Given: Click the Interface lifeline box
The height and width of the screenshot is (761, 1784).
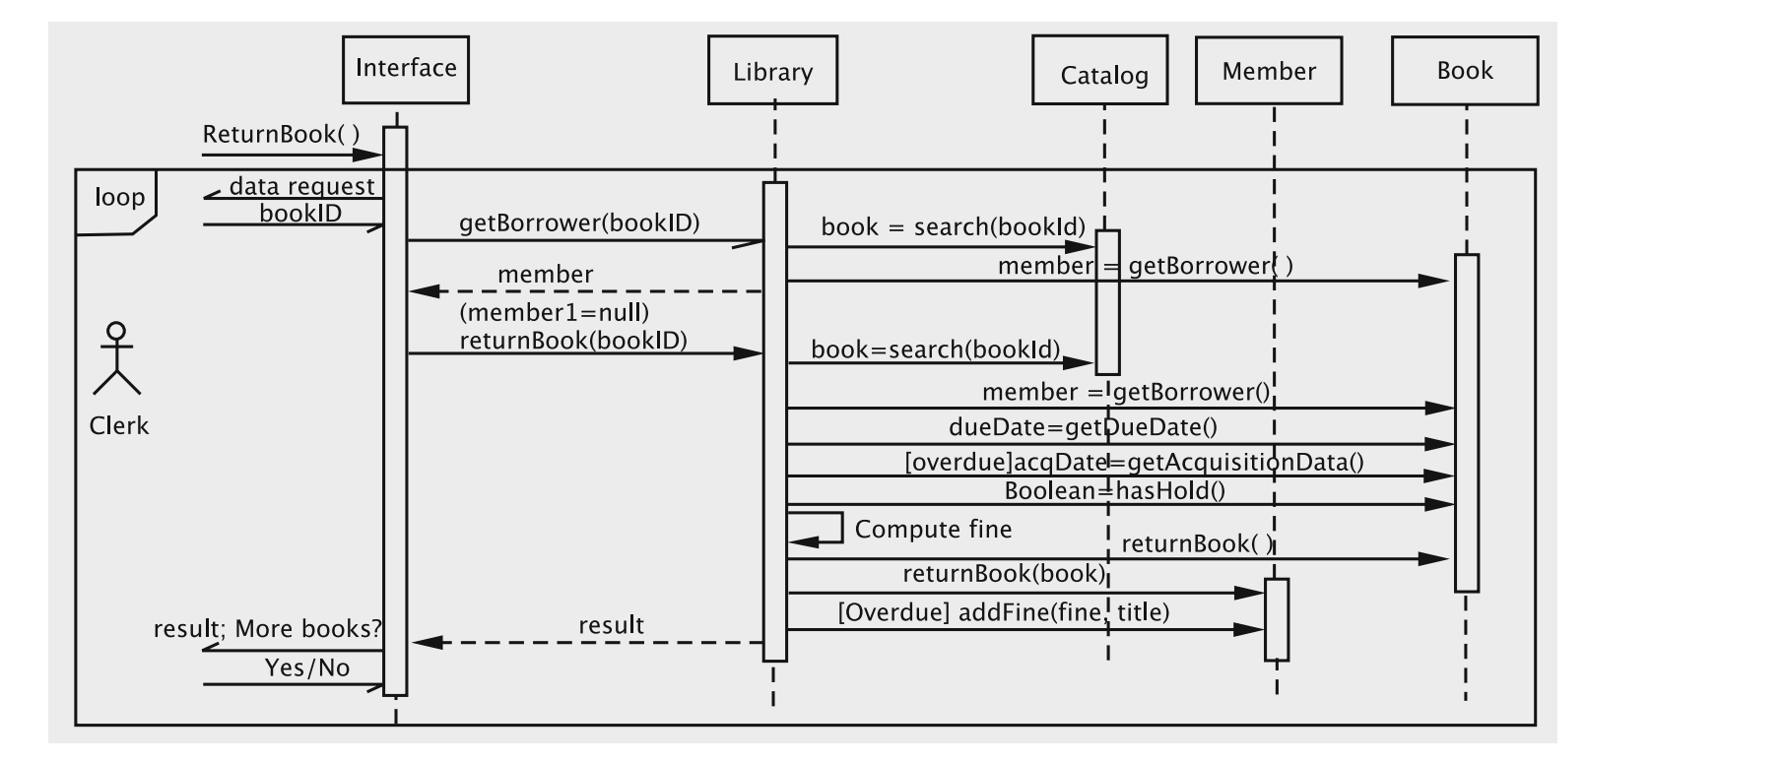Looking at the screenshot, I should point(405,69).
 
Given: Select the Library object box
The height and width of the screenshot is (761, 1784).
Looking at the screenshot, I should point(772,71).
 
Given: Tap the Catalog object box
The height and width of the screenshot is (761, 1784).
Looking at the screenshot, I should point(1099,71).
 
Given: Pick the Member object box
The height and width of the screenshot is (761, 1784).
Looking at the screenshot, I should point(1268,71).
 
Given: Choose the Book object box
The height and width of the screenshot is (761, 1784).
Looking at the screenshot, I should point(1464,71).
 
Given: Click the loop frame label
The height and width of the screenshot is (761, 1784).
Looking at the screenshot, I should point(119,198).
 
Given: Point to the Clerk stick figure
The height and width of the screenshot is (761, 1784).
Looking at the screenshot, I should point(117,358).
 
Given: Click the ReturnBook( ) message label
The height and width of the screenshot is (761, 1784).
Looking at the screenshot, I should point(281,135).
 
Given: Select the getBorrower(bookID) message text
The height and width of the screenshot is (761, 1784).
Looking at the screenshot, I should point(579,222).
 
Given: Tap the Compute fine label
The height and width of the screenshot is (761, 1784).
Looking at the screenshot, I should point(933,530).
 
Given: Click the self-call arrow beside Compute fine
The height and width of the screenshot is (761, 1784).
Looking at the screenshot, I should point(817,529).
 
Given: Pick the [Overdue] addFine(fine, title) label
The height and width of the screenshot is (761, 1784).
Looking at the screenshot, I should point(1003,612).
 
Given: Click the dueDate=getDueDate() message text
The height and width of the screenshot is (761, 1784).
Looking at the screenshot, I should point(1083,427).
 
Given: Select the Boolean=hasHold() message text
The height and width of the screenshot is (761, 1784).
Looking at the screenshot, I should point(1114,490).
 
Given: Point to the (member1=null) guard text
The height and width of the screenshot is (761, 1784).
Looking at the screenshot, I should point(554,313).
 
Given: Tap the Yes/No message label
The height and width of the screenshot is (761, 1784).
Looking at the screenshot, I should point(306,668).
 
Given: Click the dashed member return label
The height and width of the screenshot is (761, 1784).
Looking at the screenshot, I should point(545,275).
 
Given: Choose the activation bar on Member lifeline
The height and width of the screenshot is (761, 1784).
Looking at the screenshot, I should point(1276,619).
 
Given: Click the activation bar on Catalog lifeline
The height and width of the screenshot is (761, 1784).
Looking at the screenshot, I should point(1107,301).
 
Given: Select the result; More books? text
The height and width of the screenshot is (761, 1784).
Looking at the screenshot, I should point(267,629).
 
